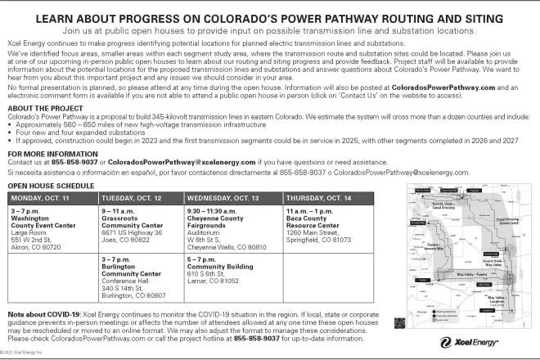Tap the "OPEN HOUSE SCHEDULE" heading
click(51, 187)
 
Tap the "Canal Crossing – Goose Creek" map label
click(508, 221)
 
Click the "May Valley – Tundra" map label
click(470, 274)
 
